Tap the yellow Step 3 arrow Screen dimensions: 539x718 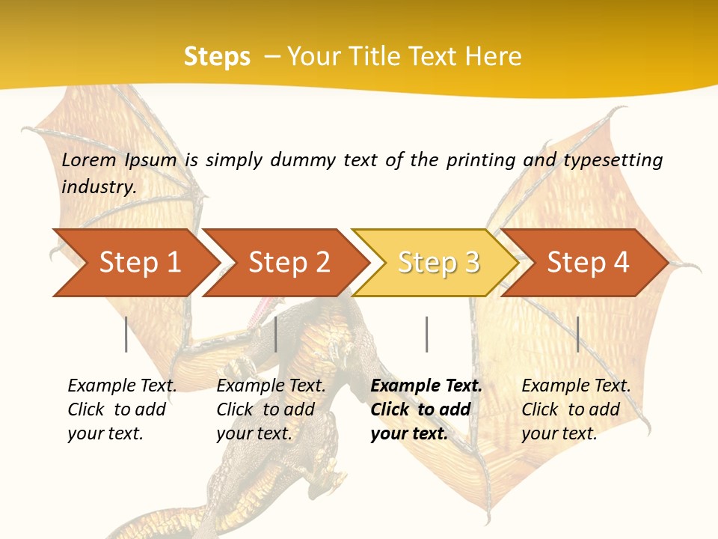[438, 262]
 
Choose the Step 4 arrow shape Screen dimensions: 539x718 [588, 262]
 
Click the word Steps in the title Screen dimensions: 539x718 [217, 56]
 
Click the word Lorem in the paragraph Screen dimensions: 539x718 [89, 159]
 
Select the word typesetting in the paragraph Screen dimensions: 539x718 [613, 159]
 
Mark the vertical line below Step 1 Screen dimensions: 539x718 [126, 334]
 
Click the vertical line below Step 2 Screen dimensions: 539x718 [276, 334]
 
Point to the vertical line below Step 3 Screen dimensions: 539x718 [426, 334]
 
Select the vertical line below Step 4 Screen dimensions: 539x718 [577, 334]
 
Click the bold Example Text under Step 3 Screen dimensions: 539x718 [426, 386]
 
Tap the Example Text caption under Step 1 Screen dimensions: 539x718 [122, 386]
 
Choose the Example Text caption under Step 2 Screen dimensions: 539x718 [271, 386]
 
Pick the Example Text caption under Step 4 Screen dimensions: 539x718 [576, 386]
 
